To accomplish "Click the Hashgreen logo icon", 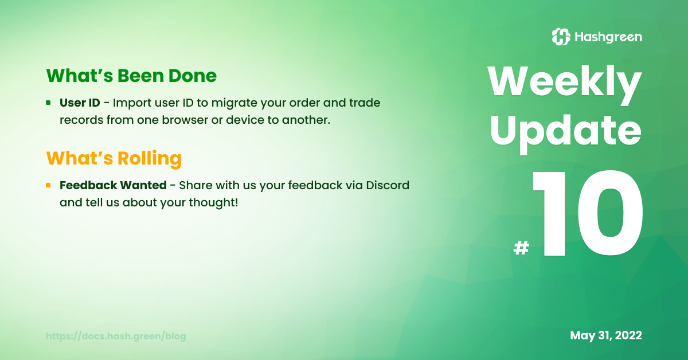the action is [x=561, y=37].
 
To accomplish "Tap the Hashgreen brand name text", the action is [x=608, y=37].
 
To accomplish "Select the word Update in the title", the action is [x=565, y=134].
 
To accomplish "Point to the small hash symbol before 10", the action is [x=521, y=248].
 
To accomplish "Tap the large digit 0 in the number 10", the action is [x=610, y=213].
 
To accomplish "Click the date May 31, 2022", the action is [x=605, y=335].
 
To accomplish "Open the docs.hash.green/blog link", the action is [x=116, y=336].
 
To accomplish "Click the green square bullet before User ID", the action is [x=48, y=103].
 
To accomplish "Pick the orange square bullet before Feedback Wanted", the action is [x=48, y=185].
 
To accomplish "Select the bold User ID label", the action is [x=80, y=103].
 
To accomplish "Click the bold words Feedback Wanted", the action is [x=113, y=185].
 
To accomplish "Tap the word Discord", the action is [x=388, y=185].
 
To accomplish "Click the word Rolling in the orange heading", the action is [x=149, y=158].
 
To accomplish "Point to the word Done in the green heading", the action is [x=192, y=76].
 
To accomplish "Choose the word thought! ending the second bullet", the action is [x=213, y=203].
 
